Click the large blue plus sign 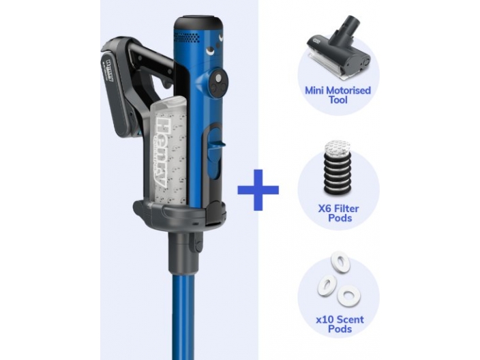(258, 190)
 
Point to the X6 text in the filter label (325, 209)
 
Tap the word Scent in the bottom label (351, 320)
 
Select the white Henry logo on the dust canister (162, 152)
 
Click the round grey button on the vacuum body (218, 78)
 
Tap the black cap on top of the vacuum (198, 23)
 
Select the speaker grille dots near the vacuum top (188, 36)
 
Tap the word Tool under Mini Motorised (338, 100)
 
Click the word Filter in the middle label (346, 209)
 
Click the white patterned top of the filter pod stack (337, 148)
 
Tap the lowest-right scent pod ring (348, 295)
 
